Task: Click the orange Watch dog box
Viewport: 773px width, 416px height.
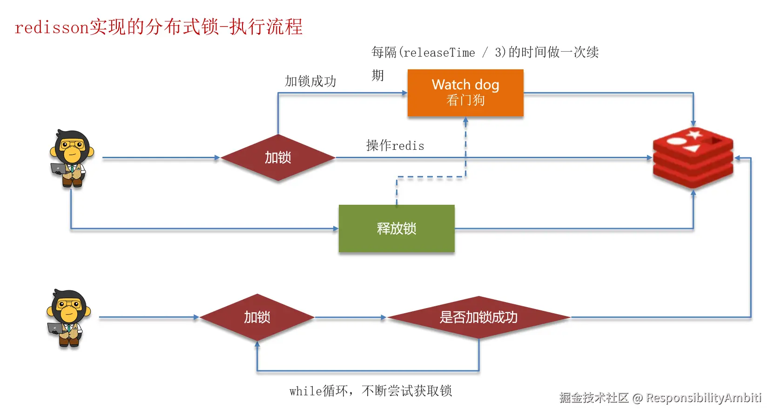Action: click(465, 93)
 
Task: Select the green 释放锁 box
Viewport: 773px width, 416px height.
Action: click(397, 228)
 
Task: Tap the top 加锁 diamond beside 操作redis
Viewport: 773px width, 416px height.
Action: click(278, 158)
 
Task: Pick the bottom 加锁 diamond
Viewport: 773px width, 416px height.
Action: click(257, 317)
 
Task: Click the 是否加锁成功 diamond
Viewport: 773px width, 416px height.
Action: click(478, 317)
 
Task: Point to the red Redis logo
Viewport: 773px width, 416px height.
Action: click(693, 158)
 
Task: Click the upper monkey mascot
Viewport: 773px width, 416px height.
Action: click(72, 159)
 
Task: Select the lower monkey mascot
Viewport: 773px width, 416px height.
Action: click(69, 318)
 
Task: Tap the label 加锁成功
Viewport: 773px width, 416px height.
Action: click(310, 81)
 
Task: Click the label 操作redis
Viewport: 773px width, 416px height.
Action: click(395, 146)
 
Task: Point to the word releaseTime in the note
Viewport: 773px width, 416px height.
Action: click(439, 53)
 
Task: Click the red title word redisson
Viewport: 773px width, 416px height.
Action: click(52, 27)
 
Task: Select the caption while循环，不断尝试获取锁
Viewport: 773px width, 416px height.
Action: click(370, 391)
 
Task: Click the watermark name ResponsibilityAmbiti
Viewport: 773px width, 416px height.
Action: click(704, 398)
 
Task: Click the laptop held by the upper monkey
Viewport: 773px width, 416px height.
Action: click(59, 168)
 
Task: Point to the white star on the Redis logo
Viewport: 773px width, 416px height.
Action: click(694, 134)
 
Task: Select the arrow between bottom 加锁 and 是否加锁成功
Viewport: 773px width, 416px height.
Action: click(350, 317)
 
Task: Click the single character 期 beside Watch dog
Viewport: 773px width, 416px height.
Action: click(378, 75)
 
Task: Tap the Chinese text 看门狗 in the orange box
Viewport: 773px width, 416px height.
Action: click(465, 101)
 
